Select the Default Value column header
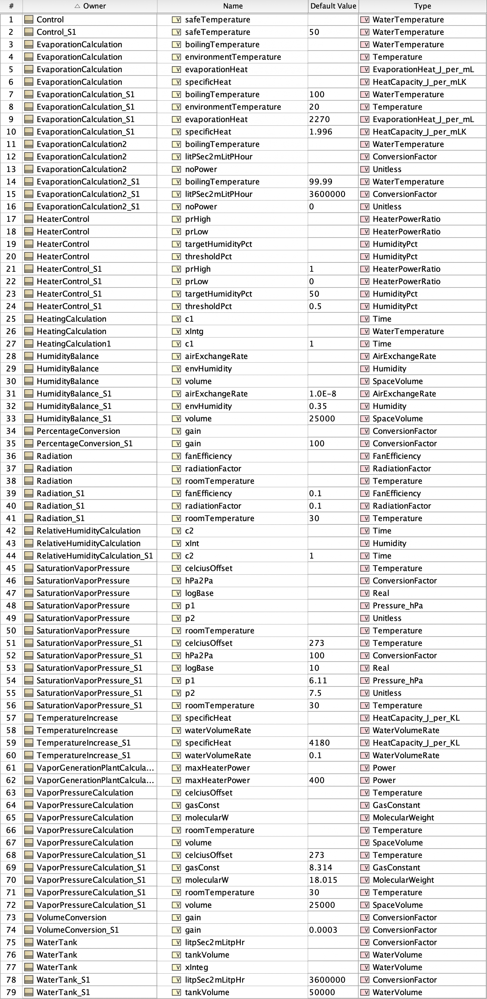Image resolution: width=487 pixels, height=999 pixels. pyautogui.click(x=333, y=6)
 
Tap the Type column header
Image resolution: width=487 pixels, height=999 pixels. pyautogui.click(x=422, y=6)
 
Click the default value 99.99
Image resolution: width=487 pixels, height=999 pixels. pyautogui.click(x=321, y=181)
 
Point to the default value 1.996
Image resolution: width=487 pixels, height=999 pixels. pyautogui.click(x=321, y=131)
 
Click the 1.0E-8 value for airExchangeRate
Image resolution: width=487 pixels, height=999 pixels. pyautogui.click(x=323, y=394)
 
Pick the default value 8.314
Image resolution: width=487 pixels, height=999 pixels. pyautogui.click(x=321, y=868)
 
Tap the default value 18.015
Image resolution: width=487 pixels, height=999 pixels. pyautogui.click(x=323, y=880)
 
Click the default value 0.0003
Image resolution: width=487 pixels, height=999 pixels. pyautogui.click(x=323, y=930)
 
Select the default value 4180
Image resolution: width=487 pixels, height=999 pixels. pyautogui.click(x=320, y=743)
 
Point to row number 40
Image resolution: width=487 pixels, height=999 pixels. pyautogui.click(x=11, y=506)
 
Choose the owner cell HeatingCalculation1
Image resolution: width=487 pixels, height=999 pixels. pyautogui.click(x=74, y=343)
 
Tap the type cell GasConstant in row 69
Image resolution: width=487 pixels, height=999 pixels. pyautogui.click(x=396, y=868)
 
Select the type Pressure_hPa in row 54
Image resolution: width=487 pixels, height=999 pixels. pyautogui.click(x=397, y=680)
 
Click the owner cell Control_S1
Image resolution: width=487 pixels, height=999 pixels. pyautogui.click(x=56, y=32)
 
